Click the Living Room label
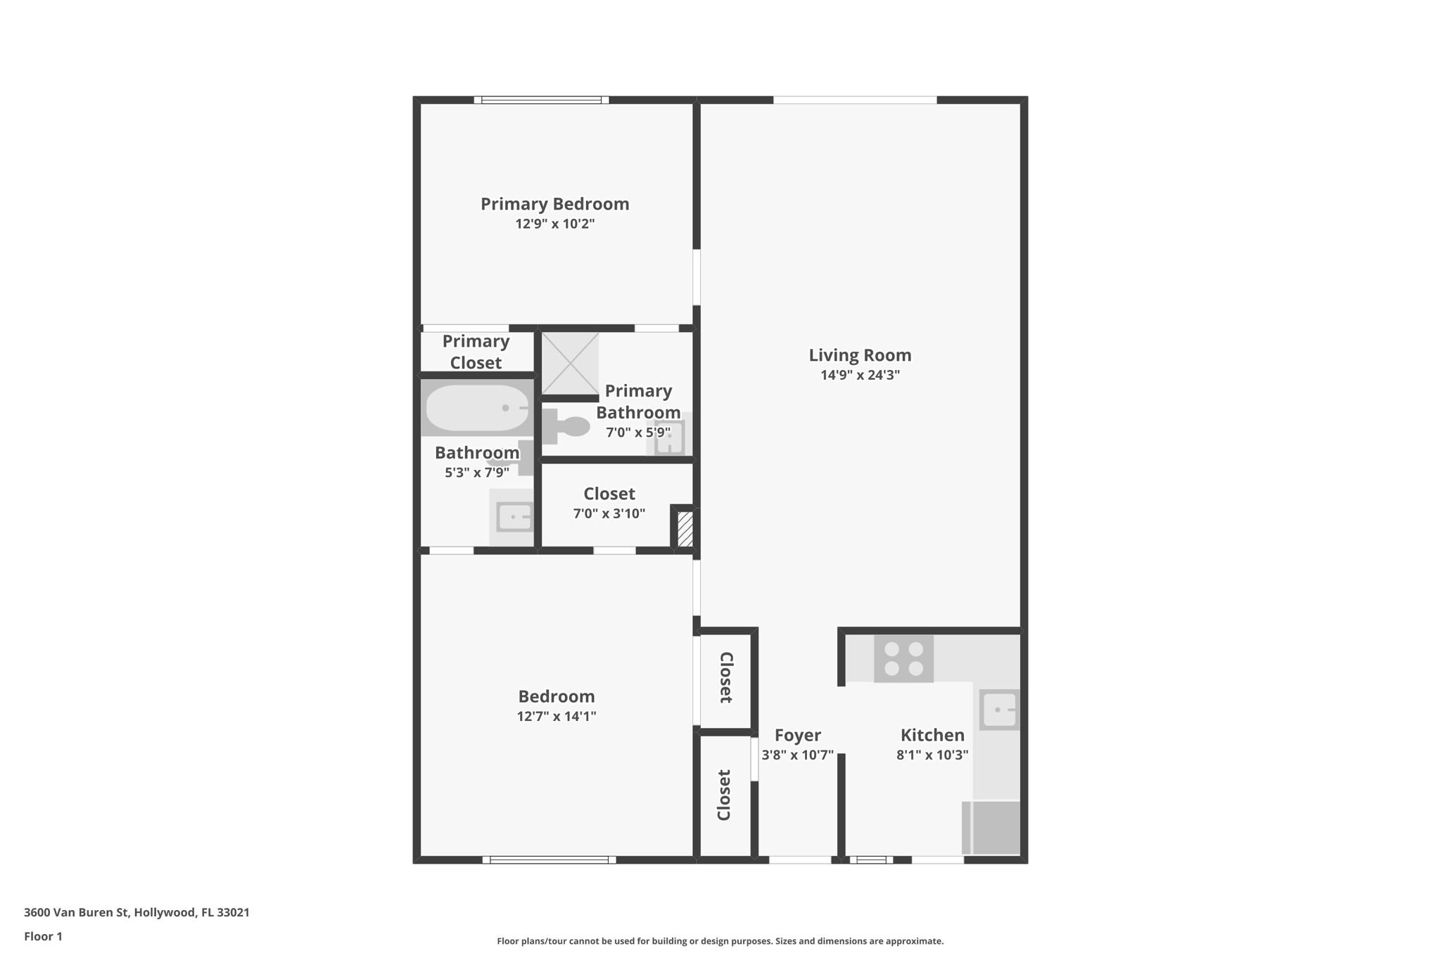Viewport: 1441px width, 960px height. coord(859,355)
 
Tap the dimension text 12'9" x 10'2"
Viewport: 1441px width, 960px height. coord(554,224)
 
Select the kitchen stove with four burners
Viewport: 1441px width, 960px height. coord(903,659)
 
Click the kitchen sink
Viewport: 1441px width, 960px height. coord(998,710)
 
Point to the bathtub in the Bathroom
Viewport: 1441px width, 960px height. coord(477,408)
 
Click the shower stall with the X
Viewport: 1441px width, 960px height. coord(569,364)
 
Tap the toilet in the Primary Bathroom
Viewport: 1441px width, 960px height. coord(567,426)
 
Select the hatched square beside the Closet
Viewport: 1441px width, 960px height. coord(685,529)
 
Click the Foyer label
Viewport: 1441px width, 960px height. coord(797,735)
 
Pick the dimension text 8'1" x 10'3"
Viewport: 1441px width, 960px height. coord(932,755)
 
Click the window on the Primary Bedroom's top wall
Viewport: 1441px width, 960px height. coord(541,100)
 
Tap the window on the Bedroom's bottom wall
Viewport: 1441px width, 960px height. coord(549,859)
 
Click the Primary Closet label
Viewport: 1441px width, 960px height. coord(476,352)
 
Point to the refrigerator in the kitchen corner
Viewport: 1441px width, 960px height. coord(991,827)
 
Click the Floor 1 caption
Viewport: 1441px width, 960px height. coord(43,936)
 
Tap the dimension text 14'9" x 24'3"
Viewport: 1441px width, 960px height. coord(859,375)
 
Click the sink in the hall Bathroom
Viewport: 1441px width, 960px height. coord(514,517)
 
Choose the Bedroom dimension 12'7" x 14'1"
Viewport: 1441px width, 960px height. coord(556,716)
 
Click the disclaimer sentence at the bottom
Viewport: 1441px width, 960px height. coord(720,941)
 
